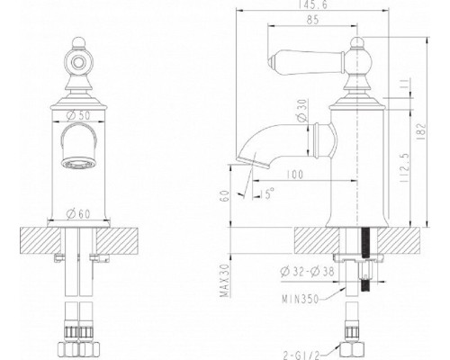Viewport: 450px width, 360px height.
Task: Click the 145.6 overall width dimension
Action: [x=312, y=4]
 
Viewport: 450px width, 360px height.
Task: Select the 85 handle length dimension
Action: [x=312, y=20]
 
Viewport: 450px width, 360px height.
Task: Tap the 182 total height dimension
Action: [x=421, y=131]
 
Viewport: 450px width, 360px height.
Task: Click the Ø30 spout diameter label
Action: [x=302, y=110]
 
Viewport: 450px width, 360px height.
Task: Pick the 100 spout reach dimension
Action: [x=294, y=175]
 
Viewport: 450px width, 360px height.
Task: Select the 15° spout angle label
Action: [x=267, y=193]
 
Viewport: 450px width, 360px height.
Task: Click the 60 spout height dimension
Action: [x=225, y=196]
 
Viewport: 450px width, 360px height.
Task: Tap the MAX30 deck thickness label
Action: [x=225, y=281]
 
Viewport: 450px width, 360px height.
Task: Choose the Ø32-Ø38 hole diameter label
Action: [x=307, y=272]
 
